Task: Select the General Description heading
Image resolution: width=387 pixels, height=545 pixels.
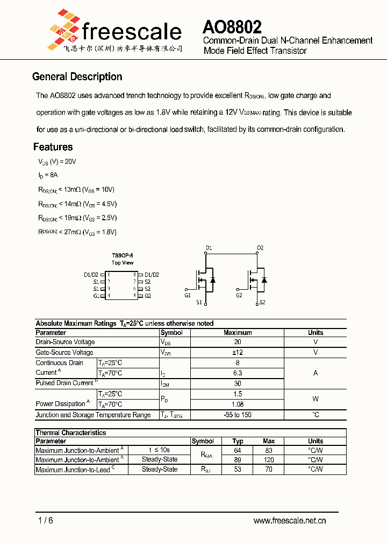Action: coord(77,77)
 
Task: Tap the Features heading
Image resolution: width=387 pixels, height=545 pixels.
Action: coord(53,147)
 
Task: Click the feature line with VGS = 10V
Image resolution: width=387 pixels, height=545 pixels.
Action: coord(76,190)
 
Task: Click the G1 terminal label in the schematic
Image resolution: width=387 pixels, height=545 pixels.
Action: coord(187,295)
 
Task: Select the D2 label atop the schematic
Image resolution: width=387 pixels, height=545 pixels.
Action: coord(260,248)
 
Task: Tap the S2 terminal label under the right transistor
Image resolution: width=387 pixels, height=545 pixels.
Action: coord(262,303)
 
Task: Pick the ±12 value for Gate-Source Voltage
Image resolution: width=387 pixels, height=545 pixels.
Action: coord(238,352)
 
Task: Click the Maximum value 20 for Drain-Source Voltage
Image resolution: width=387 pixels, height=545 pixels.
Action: coord(238,342)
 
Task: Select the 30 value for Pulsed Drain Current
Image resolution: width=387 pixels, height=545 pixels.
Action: coord(238,383)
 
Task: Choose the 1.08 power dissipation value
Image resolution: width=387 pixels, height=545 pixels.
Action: coord(238,404)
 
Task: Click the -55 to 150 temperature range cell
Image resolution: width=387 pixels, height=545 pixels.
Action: coord(238,415)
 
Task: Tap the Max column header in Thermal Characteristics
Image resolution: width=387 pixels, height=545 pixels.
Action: coord(269,441)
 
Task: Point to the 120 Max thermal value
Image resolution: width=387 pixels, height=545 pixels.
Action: coord(269,460)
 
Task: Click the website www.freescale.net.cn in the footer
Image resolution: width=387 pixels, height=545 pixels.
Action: coord(290,520)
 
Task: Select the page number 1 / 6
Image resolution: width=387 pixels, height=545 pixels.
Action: coord(46,520)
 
